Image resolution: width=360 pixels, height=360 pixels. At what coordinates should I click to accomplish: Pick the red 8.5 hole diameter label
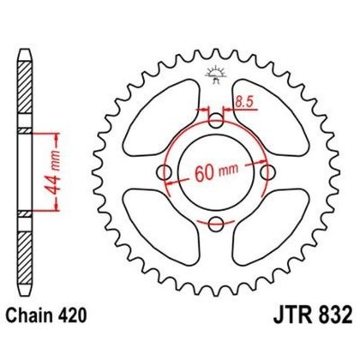pos(244,101)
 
